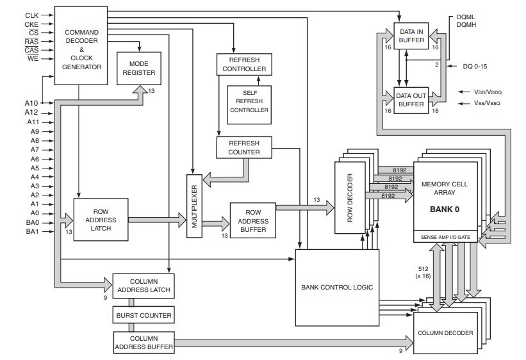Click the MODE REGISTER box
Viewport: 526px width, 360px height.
point(139,69)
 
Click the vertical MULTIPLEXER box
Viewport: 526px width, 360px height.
point(194,205)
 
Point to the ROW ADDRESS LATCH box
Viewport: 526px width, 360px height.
point(101,219)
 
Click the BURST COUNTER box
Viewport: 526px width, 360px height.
point(143,316)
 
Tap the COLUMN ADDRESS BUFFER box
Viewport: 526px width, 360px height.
point(143,342)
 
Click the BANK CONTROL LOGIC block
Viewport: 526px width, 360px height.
point(336,286)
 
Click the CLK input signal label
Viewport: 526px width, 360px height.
point(31,14)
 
